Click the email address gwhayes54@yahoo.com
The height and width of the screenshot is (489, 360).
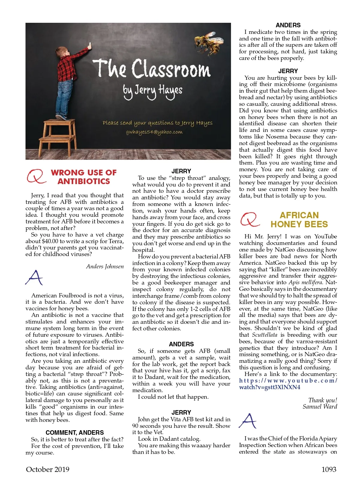pyautogui.click(x=154, y=132)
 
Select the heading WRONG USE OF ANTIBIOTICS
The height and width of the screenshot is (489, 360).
pyautogui.click(x=84, y=177)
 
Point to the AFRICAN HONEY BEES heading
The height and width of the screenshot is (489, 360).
pyautogui.click(x=299, y=220)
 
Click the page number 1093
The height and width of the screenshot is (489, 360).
pyautogui.click(x=329, y=469)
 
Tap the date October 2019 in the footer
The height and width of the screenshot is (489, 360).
pyautogui.click(x=48, y=469)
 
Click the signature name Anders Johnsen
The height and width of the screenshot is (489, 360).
pyautogui.click(x=105, y=266)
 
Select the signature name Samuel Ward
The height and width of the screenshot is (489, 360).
pyautogui.click(x=320, y=407)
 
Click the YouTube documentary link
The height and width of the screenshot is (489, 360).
pyautogui.click(x=288, y=384)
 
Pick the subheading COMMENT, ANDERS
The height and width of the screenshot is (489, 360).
pyautogui.click(x=75, y=432)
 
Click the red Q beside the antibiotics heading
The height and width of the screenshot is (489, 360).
pyautogui.click(x=36, y=176)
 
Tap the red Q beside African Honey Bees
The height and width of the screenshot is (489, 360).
pyautogui.click(x=249, y=219)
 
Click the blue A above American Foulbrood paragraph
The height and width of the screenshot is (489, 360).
pyautogui.click(x=34, y=277)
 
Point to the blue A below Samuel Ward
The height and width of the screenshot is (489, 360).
pyautogui.click(x=248, y=421)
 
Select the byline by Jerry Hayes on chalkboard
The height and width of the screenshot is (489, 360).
pyautogui.click(x=152, y=91)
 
